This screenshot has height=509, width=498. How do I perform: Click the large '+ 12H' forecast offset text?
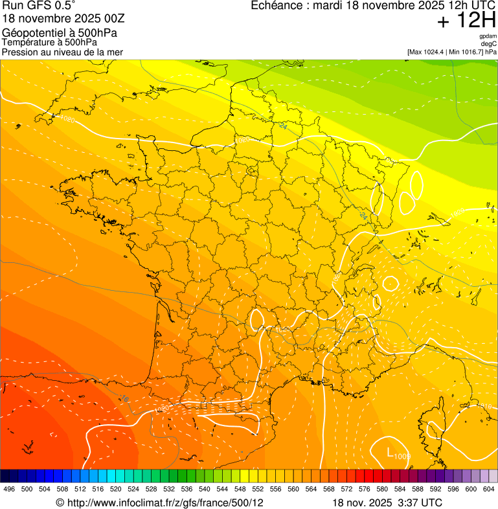[466, 21]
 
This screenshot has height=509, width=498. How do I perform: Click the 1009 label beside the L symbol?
[402, 457]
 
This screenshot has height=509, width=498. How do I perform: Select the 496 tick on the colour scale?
[9, 489]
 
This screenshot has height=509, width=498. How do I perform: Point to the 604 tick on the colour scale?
[488, 489]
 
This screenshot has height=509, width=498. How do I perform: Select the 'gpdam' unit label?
[488, 36]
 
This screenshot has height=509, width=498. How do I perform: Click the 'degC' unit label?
[489, 44]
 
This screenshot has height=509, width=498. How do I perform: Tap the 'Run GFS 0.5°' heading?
[39, 6]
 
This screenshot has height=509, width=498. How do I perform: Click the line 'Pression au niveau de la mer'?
[62, 52]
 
